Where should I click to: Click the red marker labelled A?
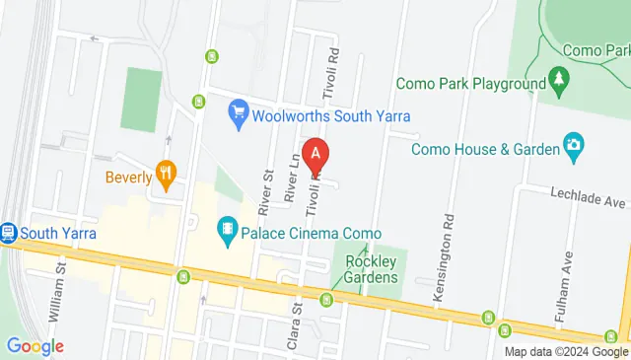pyautogui.click(x=315, y=153)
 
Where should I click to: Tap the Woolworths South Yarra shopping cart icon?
pyautogui.click(x=237, y=111)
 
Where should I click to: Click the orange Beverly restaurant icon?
pyautogui.click(x=166, y=177)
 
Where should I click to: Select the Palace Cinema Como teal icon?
pyautogui.click(x=228, y=231)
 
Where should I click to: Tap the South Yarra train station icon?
pyautogui.click(x=9, y=233)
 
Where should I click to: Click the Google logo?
pyautogui.click(x=35, y=346)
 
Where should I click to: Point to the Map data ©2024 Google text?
pyautogui.click(x=565, y=351)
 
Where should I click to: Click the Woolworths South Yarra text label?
pyautogui.click(x=310, y=111)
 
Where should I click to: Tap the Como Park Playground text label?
pyautogui.click(x=470, y=84)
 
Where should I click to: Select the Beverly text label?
pyautogui.click(x=129, y=178)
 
